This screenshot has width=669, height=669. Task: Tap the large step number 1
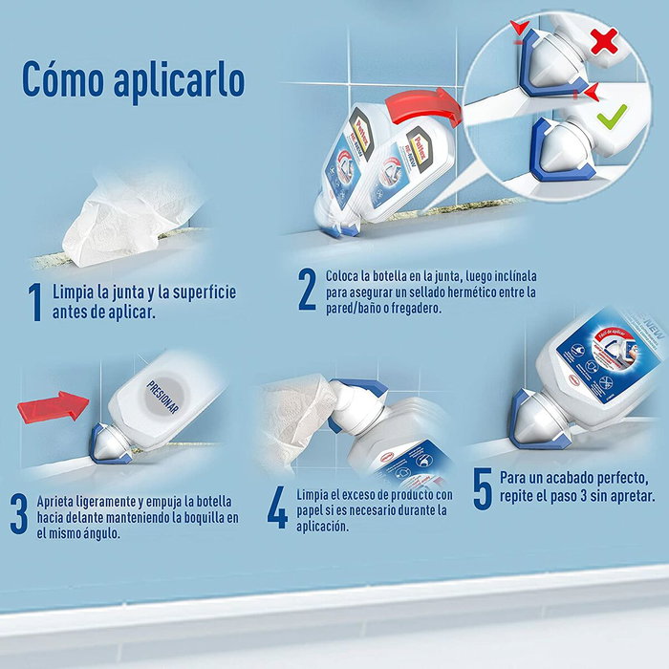point(35,302)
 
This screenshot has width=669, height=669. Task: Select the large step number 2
point(307,291)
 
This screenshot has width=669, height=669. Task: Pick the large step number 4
point(277,509)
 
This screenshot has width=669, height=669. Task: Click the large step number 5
point(483,487)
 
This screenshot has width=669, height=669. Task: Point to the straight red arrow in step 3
point(54,406)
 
